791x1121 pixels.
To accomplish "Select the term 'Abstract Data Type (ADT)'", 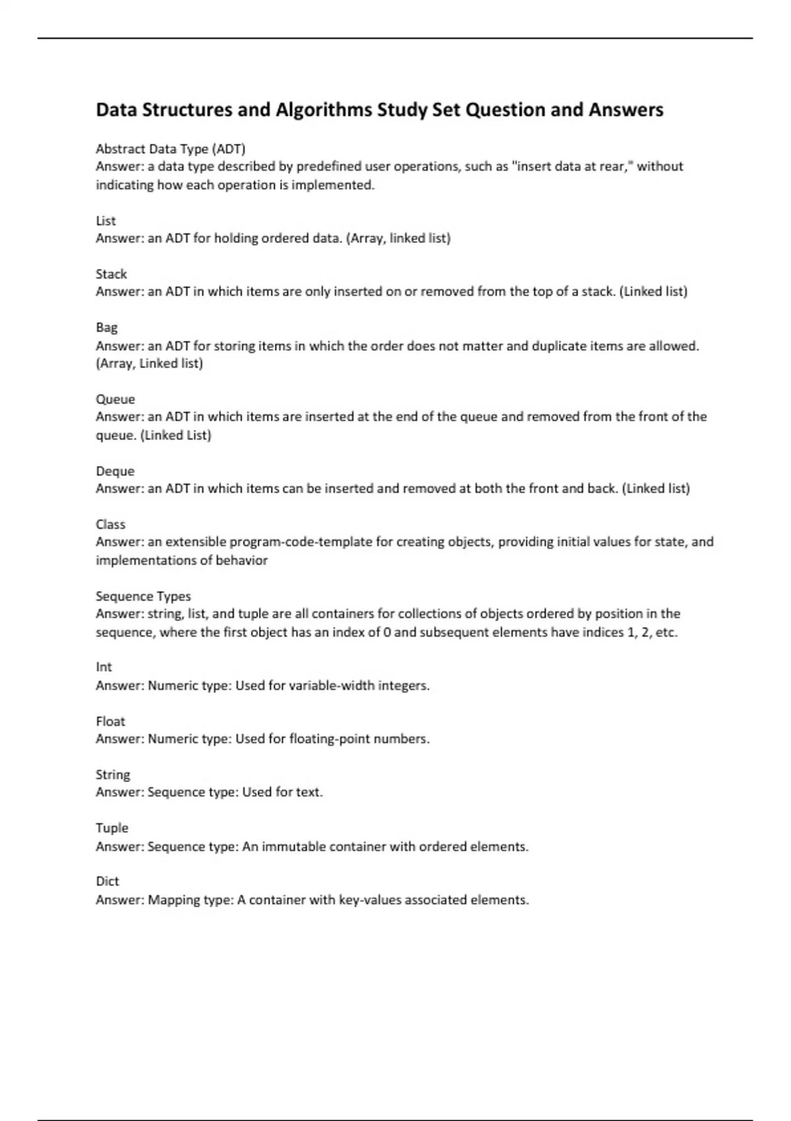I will (x=171, y=148).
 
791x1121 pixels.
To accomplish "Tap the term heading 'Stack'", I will (x=111, y=274).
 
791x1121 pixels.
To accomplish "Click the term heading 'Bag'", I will (x=107, y=328).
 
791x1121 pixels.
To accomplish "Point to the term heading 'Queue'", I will (x=115, y=399).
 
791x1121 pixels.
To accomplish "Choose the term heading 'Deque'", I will (x=115, y=471).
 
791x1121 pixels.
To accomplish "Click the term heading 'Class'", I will (x=111, y=524).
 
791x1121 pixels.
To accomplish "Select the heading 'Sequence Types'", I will (x=143, y=596).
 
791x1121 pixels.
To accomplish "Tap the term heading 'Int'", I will (x=104, y=667).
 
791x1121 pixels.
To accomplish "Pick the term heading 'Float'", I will (x=111, y=721).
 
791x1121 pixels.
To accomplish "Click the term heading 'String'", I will (x=113, y=775).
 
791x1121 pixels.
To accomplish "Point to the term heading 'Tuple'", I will (x=112, y=828).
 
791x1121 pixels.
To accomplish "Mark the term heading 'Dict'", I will (x=107, y=882).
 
